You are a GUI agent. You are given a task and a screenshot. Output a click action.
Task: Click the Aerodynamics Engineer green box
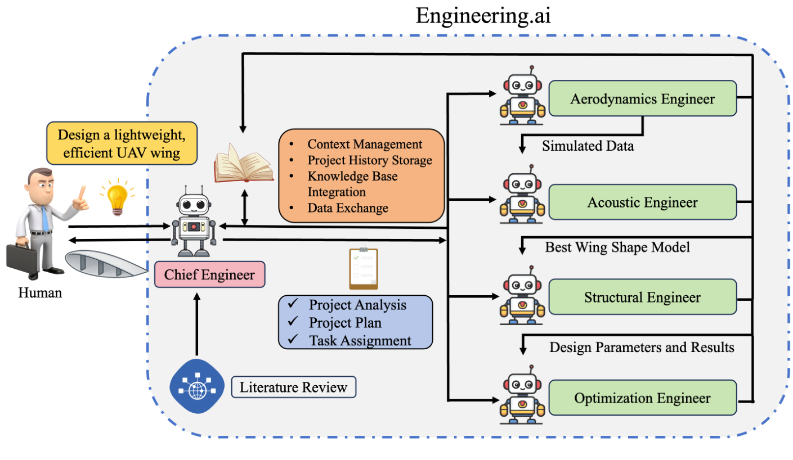coord(642,99)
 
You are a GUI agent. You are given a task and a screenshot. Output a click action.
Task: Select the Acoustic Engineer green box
coord(642,202)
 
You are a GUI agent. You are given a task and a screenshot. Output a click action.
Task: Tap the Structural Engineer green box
coord(642,297)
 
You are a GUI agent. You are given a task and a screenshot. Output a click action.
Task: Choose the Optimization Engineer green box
coord(642,398)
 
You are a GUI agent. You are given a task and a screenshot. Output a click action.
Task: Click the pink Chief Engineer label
coord(209,275)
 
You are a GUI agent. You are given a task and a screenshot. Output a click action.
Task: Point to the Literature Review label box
coord(293,387)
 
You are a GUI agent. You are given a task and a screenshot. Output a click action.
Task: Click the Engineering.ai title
coord(483,16)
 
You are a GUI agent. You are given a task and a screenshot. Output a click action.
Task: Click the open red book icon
coord(243,163)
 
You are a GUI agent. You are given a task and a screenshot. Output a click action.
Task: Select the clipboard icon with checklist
coord(363,268)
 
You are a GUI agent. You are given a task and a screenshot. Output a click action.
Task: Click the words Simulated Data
coord(588,146)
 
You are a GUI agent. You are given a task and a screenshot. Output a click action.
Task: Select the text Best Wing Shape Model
coord(617,247)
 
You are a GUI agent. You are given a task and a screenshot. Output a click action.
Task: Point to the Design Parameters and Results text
coord(642,348)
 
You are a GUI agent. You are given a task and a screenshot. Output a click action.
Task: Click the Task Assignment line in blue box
coord(360,340)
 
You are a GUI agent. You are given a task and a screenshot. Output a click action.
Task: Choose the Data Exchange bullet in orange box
coord(347,208)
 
